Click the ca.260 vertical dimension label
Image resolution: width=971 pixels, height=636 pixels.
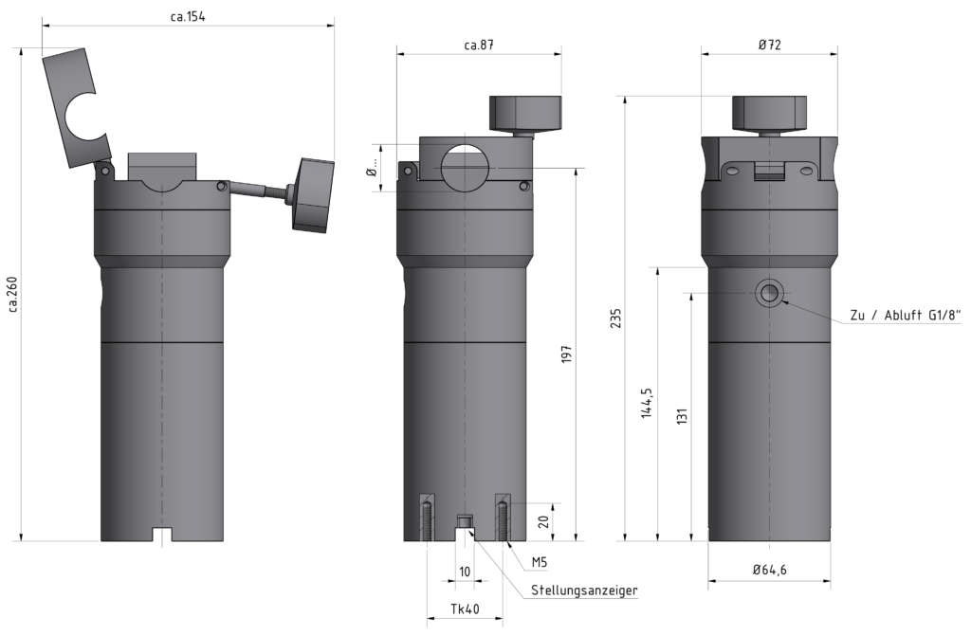[x=12, y=295]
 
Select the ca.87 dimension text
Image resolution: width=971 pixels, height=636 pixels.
[x=479, y=45]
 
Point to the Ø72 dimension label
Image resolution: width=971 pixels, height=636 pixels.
[x=769, y=45]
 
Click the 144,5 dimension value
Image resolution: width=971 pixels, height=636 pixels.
[x=647, y=403]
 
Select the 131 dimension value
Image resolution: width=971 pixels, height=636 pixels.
[x=681, y=416]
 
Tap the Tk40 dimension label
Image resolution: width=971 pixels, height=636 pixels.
[x=464, y=609]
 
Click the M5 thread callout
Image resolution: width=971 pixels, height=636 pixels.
[x=539, y=562]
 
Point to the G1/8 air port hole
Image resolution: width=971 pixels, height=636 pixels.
[x=769, y=293]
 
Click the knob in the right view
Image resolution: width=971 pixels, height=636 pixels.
[x=769, y=112]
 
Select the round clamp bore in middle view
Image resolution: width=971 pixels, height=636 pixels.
[x=465, y=168]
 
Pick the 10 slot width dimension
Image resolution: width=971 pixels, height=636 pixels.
[x=465, y=572]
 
